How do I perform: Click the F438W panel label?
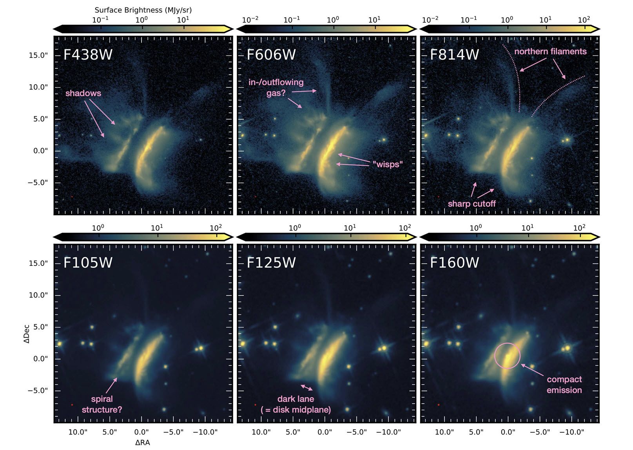88,54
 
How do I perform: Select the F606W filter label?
271,54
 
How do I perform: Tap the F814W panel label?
454,54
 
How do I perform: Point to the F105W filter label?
88,262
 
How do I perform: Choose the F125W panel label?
271,262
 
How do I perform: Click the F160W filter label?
454,262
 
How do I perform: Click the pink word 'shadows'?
83,93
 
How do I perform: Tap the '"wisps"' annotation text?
388,164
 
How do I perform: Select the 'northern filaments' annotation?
550,52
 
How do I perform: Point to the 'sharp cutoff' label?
472,204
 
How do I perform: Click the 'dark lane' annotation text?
296,399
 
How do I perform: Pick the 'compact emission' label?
564,385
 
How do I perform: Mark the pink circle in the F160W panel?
507,356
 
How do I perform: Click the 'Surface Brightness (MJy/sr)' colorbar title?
143,10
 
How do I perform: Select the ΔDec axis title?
27,334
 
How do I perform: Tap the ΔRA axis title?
142,443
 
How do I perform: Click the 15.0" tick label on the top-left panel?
38,55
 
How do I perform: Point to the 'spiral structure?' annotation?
102,404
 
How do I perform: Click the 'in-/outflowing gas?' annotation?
276,87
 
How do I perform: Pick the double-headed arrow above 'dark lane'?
307,388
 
